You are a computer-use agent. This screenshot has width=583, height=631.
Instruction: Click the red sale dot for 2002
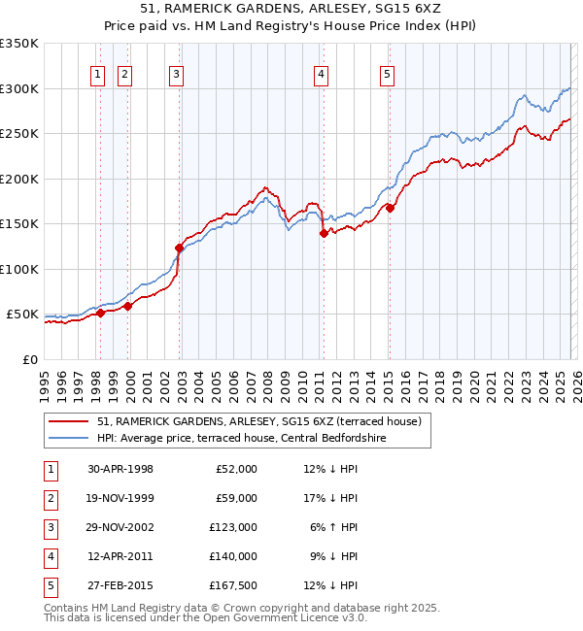point(180,249)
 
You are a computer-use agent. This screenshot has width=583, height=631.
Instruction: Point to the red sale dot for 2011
point(323,233)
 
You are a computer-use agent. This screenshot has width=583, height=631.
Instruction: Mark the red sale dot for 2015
point(390,208)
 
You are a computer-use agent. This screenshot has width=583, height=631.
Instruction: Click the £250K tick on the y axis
point(19,133)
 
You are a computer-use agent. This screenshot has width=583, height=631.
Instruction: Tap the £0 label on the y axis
point(30,359)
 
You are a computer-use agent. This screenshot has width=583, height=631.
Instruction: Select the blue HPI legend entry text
point(242,439)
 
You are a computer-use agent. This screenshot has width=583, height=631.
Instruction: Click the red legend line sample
point(68,422)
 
